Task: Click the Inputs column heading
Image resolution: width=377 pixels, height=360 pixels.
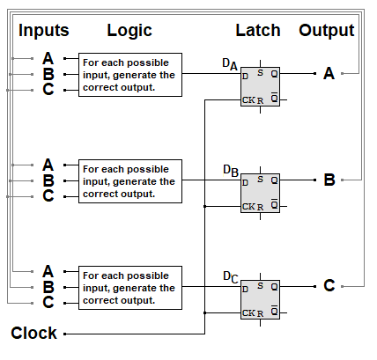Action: (x=44, y=31)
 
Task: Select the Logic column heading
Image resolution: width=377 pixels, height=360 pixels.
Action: (x=129, y=31)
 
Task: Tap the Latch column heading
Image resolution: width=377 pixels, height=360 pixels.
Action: (x=258, y=31)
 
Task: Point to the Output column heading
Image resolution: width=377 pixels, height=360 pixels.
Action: (x=327, y=31)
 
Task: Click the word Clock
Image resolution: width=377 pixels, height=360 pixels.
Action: (x=34, y=334)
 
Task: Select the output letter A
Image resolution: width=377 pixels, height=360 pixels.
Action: (x=329, y=74)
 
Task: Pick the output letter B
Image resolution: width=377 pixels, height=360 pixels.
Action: (x=329, y=180)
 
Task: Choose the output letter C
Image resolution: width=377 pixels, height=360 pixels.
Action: (x=329, y=286)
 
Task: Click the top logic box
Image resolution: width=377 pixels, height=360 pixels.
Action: (x=130, y=75)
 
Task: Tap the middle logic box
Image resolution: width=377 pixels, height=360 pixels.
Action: (x=130, y=180)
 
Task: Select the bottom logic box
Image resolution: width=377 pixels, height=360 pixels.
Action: (x=130, y=287)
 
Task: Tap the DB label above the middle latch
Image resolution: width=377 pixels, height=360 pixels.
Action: (x=231, y=170)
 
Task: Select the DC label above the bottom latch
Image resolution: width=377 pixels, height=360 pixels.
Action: (x=231, y=276)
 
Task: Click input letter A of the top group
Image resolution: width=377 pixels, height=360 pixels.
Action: (x=48, y=59)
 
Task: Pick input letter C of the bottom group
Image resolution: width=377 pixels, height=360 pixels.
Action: (x=48, y=302)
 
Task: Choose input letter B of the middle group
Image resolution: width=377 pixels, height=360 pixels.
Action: (x=48, y=180)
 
